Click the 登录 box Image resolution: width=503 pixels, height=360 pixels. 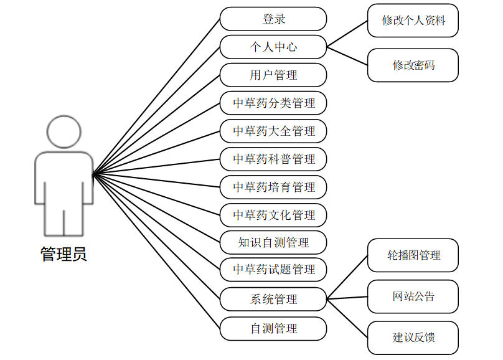[x=273, y=19]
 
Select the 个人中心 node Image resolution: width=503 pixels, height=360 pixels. [x=273, y=47]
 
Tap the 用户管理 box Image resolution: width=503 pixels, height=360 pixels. [x=273, y=75]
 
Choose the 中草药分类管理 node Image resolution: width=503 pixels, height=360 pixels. [x=273, y=103]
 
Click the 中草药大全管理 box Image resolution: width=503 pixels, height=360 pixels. [x=273, y=131]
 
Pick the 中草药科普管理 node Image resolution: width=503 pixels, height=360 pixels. [x=273, y=159]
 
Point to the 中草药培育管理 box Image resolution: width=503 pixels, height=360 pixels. [x=273, y=187]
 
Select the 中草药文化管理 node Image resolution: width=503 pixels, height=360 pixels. [x=273, y=215]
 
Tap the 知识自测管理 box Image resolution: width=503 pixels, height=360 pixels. [x=273, y=242]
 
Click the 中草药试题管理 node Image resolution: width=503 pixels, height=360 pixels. [x=273, y=270]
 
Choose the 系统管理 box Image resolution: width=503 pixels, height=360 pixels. [x=273, y=299]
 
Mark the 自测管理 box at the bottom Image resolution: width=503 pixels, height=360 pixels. [x=273, y=328]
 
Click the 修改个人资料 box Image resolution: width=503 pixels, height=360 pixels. [x=413, y=20]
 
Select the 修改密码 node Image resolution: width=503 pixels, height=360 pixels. [x=413, y=65]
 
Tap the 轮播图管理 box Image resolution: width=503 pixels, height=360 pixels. [x=413, y=255]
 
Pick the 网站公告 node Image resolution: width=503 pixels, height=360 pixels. [x=413, y=296]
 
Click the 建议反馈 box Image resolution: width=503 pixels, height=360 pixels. [x=413, y=338]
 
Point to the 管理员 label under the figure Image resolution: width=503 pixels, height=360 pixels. [x=63, y=254]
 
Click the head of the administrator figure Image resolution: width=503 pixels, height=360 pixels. [x=64, y=131]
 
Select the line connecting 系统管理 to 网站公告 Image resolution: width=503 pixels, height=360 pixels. [x=347, y=298]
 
